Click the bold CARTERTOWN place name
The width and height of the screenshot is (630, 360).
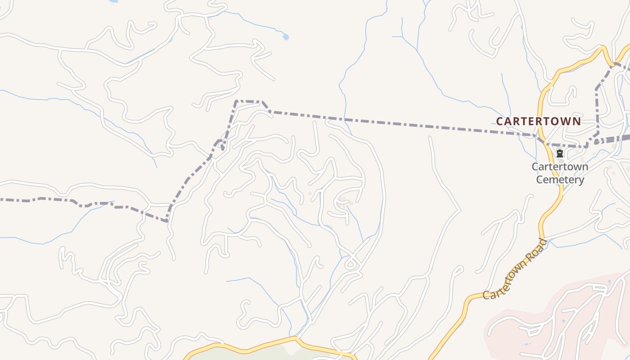[x=538, y=121]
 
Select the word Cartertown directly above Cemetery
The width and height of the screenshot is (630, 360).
[x=560, y=167]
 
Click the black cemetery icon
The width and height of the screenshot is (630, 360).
[x=560, y=153]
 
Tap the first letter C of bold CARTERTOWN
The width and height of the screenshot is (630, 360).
[x=499, y=121]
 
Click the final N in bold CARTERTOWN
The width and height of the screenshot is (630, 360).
[x=577, y=121]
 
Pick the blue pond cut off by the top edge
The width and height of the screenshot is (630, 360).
[x=113, y=1]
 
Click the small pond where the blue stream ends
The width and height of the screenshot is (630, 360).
[x=285, y=37]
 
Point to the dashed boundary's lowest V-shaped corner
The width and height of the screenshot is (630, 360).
[x=166, y=221]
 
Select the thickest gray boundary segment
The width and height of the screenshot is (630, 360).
[x=616, y=139]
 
